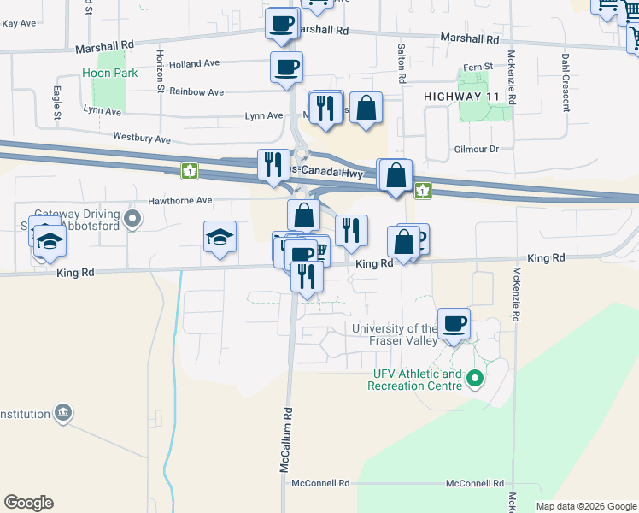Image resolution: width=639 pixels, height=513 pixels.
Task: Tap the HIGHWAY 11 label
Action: (x=461, y=98)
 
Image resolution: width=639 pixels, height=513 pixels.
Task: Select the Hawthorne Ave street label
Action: (x=179, y=200)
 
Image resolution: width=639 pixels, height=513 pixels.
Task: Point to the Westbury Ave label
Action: (x=142, y=138)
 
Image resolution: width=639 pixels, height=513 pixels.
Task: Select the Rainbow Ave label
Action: (x=196, y=91)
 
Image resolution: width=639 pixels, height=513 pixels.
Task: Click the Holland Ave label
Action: (x=194, y=63)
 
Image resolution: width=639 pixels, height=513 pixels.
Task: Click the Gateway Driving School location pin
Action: (x=132, y=220)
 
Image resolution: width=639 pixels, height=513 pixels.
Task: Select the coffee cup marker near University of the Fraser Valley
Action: (x=454, y=324)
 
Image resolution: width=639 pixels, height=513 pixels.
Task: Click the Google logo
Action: (x=28, y=503)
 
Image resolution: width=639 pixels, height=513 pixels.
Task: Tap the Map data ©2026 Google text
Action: (x=585, y=506)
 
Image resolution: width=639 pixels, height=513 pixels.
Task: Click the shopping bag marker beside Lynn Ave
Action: (x=366, y=109)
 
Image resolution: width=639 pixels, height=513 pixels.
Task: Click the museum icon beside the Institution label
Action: (x=62, y=414)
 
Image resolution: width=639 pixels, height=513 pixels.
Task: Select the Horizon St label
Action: (x=160, y=70)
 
